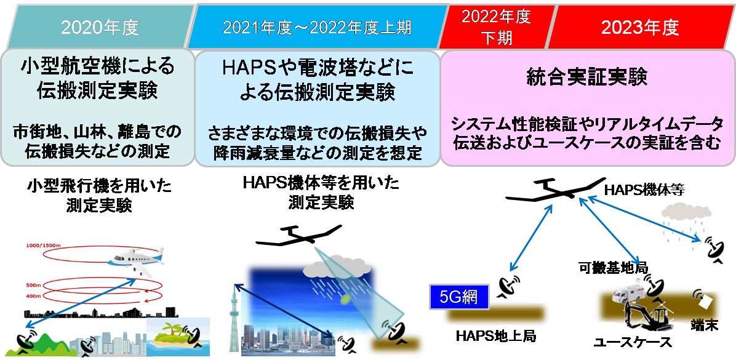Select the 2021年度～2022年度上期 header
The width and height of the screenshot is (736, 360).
[317, 26]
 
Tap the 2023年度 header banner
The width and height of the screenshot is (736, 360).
[641, 26]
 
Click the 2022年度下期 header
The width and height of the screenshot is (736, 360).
[497, 26]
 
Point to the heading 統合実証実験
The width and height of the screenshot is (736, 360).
[587, 78]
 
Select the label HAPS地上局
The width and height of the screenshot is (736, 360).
[496, 337]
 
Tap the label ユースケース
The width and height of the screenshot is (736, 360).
[632, 342]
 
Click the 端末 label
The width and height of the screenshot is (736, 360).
[705, 325]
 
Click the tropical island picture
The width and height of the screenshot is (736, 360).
[178, 337]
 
